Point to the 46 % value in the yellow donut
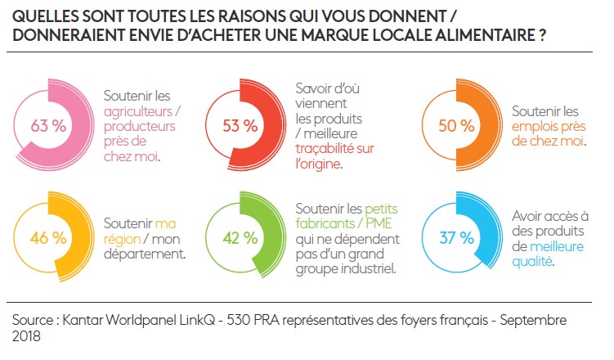[x=48, y=238]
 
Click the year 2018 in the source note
[x=27, y=335]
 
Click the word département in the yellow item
[x=144, y=254]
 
